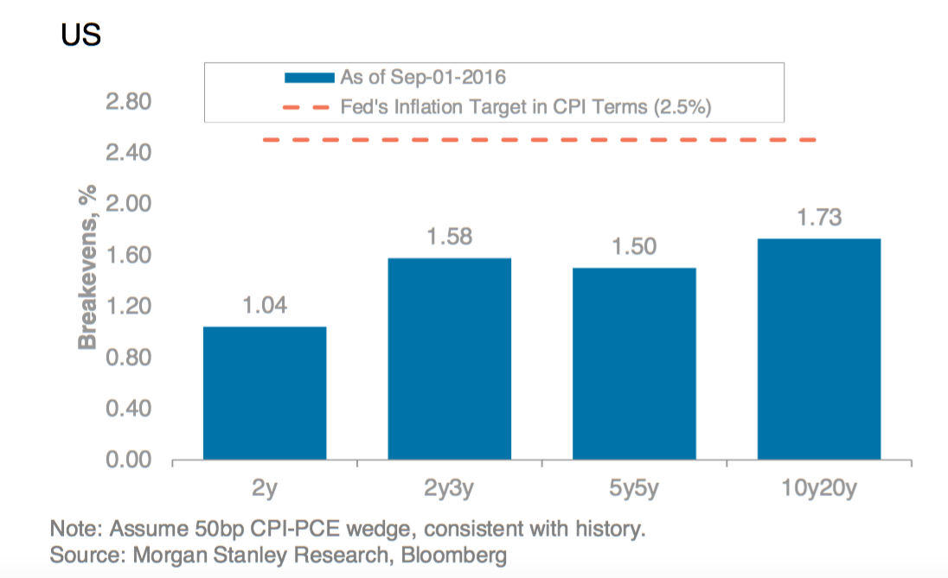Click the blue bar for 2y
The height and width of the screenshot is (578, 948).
point(265,393)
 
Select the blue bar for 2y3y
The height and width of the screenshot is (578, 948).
point(449,359)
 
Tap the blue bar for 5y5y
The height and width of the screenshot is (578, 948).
point(634,363)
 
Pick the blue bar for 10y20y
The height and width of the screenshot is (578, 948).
point(818,349)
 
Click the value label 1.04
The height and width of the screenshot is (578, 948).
point(265,306)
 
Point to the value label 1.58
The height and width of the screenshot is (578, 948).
point(449,236)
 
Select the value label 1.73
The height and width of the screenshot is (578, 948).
point(818,217)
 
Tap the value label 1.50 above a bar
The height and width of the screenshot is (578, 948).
point(634,246)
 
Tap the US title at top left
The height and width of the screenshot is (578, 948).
point(81,35)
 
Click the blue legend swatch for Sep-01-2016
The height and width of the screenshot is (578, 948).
point(310,77)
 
